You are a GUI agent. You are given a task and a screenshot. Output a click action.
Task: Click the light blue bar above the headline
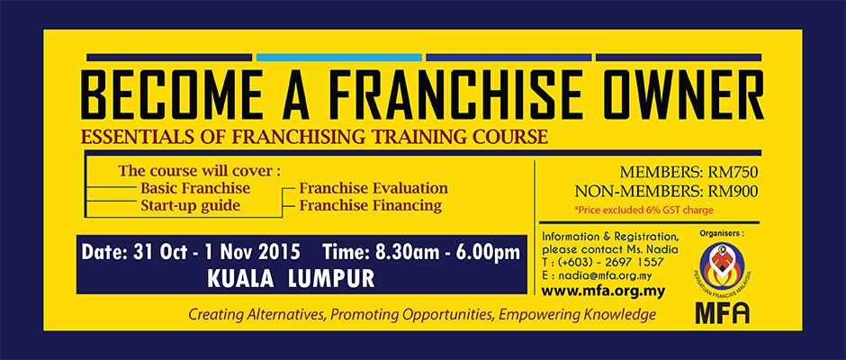point(338,58)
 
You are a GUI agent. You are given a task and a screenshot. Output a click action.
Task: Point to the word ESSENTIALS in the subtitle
point(127,137)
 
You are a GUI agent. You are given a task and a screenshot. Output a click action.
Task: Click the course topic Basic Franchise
point(195,188)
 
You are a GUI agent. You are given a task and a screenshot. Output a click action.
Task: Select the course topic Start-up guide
point(191,206)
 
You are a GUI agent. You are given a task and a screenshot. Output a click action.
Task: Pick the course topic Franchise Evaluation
point(373,188)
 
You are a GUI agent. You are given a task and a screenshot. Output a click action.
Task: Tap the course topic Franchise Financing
point(371,205)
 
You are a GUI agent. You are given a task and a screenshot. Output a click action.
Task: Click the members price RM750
point(733,173)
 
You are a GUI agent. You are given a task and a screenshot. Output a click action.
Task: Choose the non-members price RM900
point(733,191)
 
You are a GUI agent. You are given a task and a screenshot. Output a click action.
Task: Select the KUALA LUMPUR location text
point(291,278)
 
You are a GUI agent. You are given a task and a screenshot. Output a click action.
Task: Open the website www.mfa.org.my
point(603,292)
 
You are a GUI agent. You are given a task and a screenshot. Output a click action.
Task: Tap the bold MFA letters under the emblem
point(722,313)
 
